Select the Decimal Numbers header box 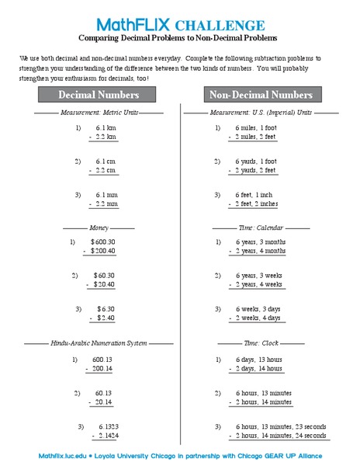(99, 95)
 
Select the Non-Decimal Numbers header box (261, 95)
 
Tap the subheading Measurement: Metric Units (99, 113)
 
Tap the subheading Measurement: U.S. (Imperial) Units (261, 113)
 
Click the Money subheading (99, 228)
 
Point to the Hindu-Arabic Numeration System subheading (99, 343)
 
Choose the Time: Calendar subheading (261, 228)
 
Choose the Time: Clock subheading (261, 343)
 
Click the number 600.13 (103, 360)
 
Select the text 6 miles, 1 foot (255, 127)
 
